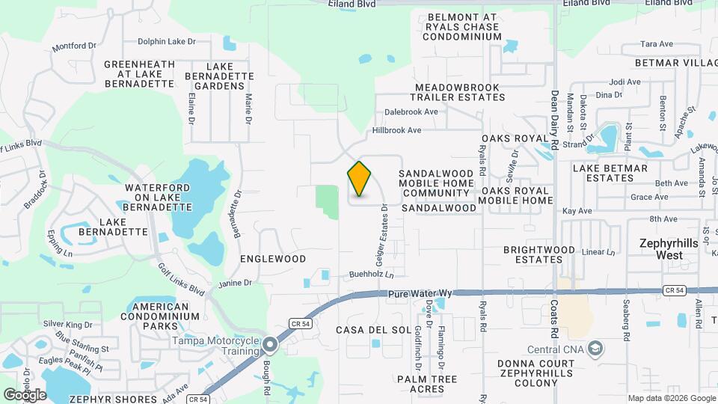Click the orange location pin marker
point(359,179)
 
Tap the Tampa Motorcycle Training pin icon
point(270,345)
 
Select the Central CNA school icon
point(595,349)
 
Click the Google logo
point(25,394)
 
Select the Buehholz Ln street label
point(371,275)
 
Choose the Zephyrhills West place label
point(672,249)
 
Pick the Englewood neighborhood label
point(273,259)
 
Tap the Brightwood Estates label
point(538,254)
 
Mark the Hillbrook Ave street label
point(397,130)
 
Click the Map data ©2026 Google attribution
point(671,398)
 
